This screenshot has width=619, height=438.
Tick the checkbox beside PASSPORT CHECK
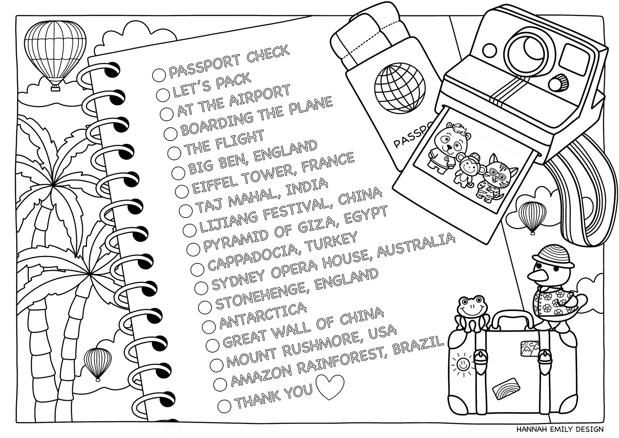158,75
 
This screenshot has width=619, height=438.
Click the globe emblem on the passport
399,90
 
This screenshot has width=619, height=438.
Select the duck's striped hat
548,254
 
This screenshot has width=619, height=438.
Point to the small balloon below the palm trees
98,363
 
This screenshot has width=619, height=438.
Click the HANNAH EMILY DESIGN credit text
560,429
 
